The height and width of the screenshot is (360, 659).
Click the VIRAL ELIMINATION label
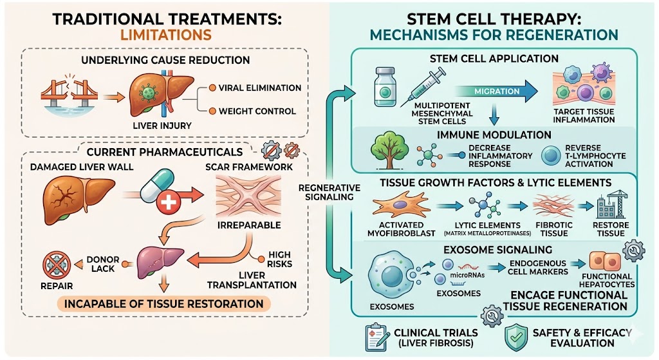259,88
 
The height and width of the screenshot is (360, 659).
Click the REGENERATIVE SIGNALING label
328,192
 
